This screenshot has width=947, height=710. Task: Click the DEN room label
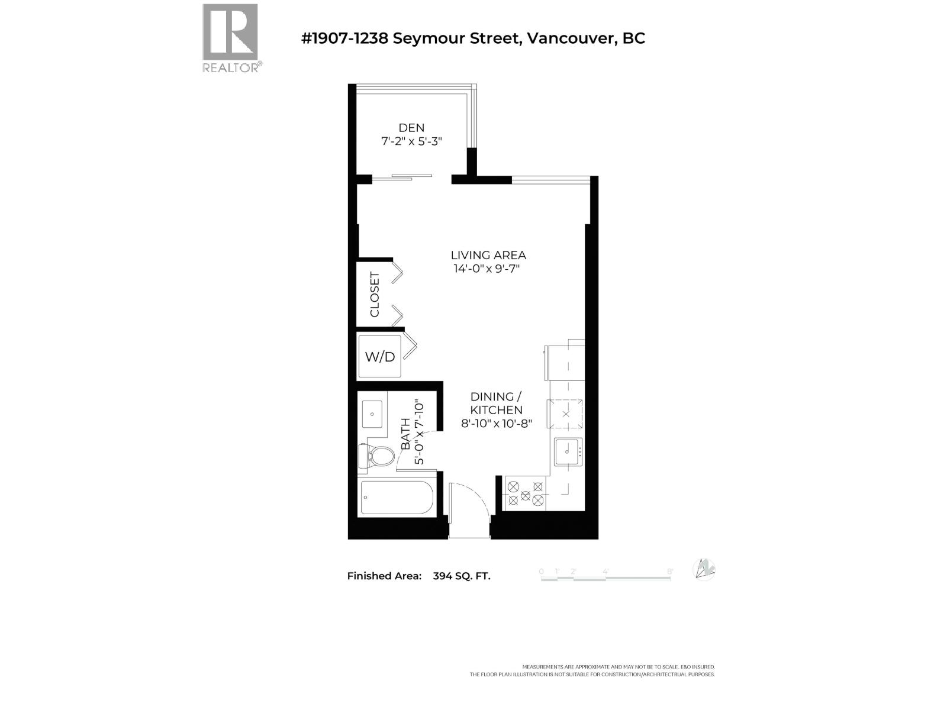[411, 128]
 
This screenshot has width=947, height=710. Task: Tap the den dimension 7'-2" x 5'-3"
[411, 142]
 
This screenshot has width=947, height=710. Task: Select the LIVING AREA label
[488, 255]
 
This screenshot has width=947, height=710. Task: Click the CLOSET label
[375, 294]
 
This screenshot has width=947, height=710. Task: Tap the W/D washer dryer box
[380, 357]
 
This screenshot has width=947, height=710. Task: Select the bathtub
[397, 498]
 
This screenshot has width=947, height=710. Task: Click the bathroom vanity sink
[372, 412]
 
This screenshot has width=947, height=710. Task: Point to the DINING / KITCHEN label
[496, 403]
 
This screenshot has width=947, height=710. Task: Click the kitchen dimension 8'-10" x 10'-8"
[497, 424]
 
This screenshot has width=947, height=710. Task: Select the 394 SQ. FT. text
[462, 576]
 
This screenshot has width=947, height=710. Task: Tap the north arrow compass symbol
[704, 569]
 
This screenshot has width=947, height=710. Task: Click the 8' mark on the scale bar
[670, 572]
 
